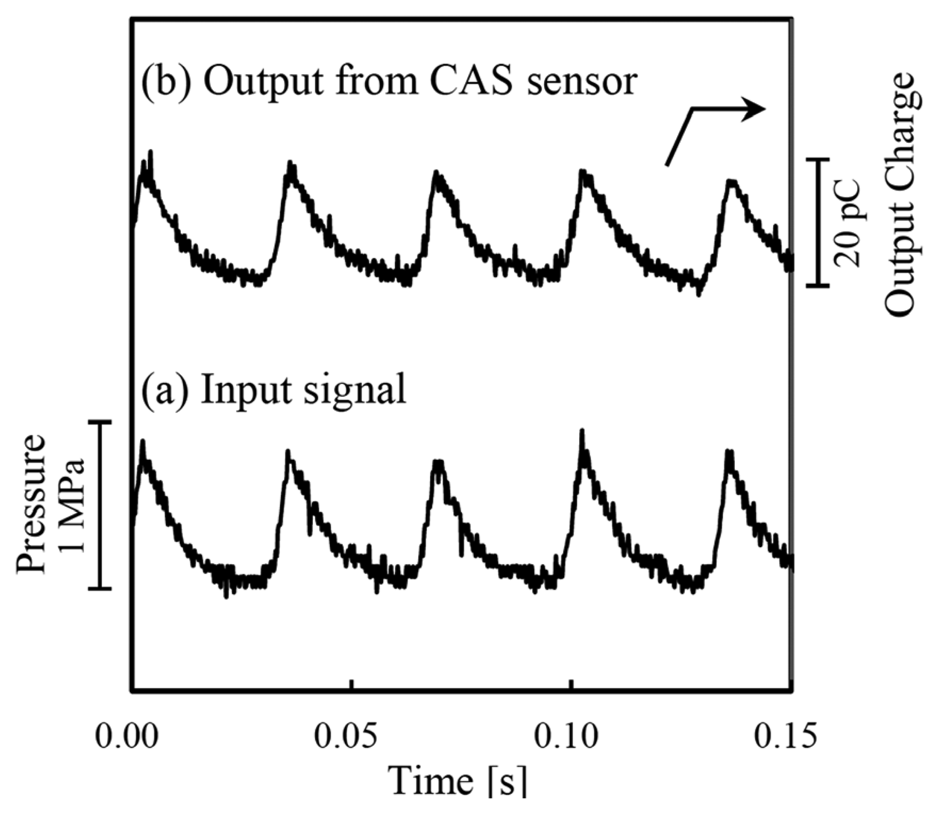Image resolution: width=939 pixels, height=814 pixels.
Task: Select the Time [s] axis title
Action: coord(458,781)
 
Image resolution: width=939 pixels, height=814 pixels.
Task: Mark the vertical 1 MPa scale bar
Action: coord(99,505)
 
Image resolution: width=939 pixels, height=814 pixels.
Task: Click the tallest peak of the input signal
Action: coord(582,431)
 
